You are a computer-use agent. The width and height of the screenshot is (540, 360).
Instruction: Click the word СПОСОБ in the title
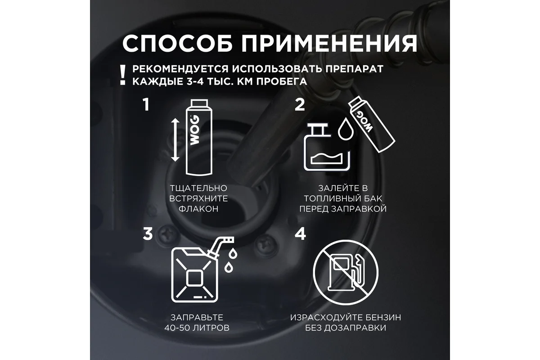click(x=177, y=43)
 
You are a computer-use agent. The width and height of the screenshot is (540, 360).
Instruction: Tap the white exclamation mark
click(x=123, y=75)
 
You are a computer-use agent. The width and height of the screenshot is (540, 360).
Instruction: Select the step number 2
click(x=300, y=105)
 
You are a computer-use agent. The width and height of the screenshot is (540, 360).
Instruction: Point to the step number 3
click(x=148, y=234)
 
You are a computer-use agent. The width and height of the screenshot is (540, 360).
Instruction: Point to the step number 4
click(x=300, y=234)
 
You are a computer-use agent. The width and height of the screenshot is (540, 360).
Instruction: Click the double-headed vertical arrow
click(x=175, y=140)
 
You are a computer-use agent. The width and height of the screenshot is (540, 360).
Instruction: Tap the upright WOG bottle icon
click(x=199, y=137)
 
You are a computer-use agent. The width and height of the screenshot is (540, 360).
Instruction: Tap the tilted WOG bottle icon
click(x=371, y=124)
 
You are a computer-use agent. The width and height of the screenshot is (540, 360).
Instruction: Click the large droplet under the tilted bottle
click(x=346, y=129)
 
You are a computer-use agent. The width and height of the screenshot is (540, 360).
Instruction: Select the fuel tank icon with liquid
click(x=327, y=147)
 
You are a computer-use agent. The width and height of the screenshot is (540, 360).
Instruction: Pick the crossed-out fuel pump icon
click(x=346, y=273)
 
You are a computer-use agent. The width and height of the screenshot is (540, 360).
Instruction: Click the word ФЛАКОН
click(x=198, y=209)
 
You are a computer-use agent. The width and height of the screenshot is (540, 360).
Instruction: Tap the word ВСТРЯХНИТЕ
click(x=198, y=198)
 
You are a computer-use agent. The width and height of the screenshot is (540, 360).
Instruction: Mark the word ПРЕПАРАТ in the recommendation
click(x=355, y=69)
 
